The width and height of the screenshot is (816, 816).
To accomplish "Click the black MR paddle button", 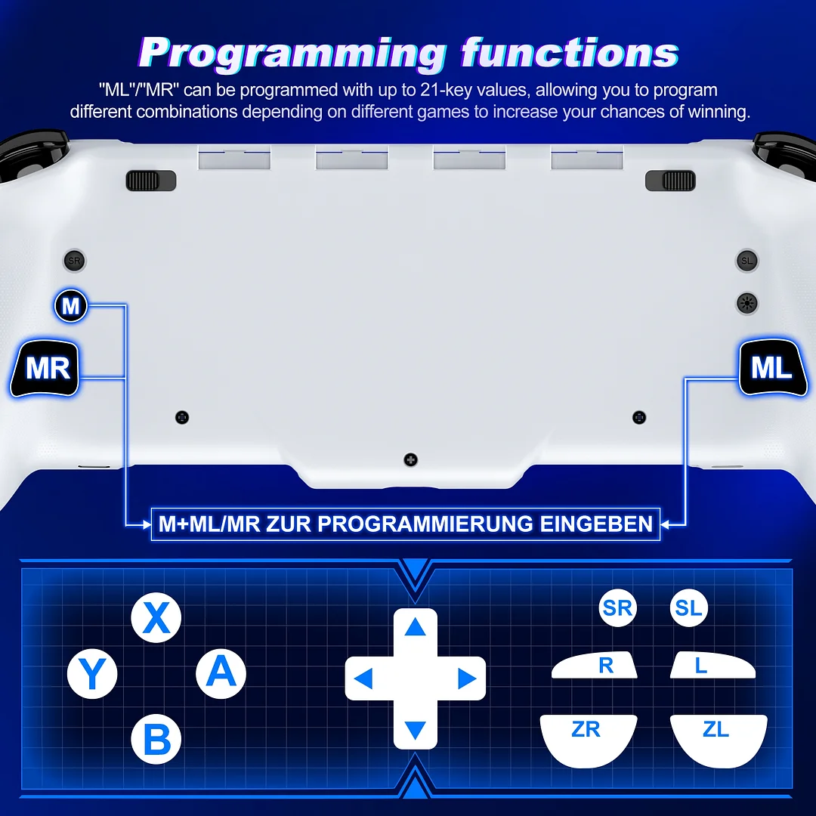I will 47,369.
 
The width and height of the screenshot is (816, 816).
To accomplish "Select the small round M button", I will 71,307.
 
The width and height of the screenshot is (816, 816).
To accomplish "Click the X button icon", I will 156,618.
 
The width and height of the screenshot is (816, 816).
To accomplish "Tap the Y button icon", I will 92,675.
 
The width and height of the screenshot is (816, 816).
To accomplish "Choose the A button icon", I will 221,672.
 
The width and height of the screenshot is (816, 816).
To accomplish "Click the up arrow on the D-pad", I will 415,627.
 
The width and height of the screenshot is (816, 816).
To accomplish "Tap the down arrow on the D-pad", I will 415,730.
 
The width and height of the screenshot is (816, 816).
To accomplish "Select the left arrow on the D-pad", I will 363,678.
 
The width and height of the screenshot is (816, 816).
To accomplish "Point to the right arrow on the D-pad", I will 466,678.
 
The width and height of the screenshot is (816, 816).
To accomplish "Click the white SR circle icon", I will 617,608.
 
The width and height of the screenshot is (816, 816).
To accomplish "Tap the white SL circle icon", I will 688,608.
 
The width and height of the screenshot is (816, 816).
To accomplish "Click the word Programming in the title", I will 292,53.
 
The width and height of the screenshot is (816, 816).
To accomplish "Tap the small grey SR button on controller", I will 74,261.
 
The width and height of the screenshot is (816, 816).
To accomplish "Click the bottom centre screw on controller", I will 410,459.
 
